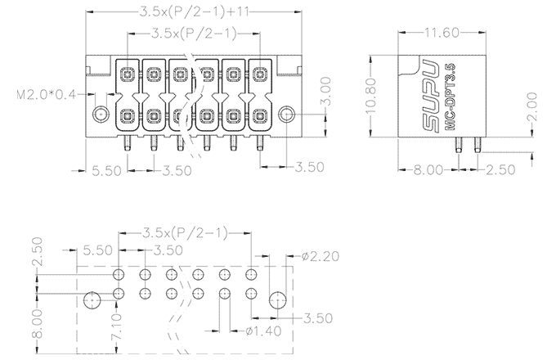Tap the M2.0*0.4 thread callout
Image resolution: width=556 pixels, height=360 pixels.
pyautogui.click(x=46, y=95)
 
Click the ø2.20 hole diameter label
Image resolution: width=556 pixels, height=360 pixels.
pyautogui.click(x=320, y=257)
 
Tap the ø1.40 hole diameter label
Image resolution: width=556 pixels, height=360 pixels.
pyautogui.click(x=261, y=332)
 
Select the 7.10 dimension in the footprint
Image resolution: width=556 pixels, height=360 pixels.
pyautogui.click(x=117, y=326)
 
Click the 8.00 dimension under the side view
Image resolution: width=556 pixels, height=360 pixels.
pyautogui.click(x=429, y=170)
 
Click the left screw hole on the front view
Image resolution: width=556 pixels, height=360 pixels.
pyautogui.click(x=101, y=114)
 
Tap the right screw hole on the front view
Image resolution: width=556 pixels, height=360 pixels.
pyautogui.click(x=287, y=113)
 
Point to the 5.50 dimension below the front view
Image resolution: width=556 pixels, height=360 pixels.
pyautogui.click(x=107, y=170)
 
